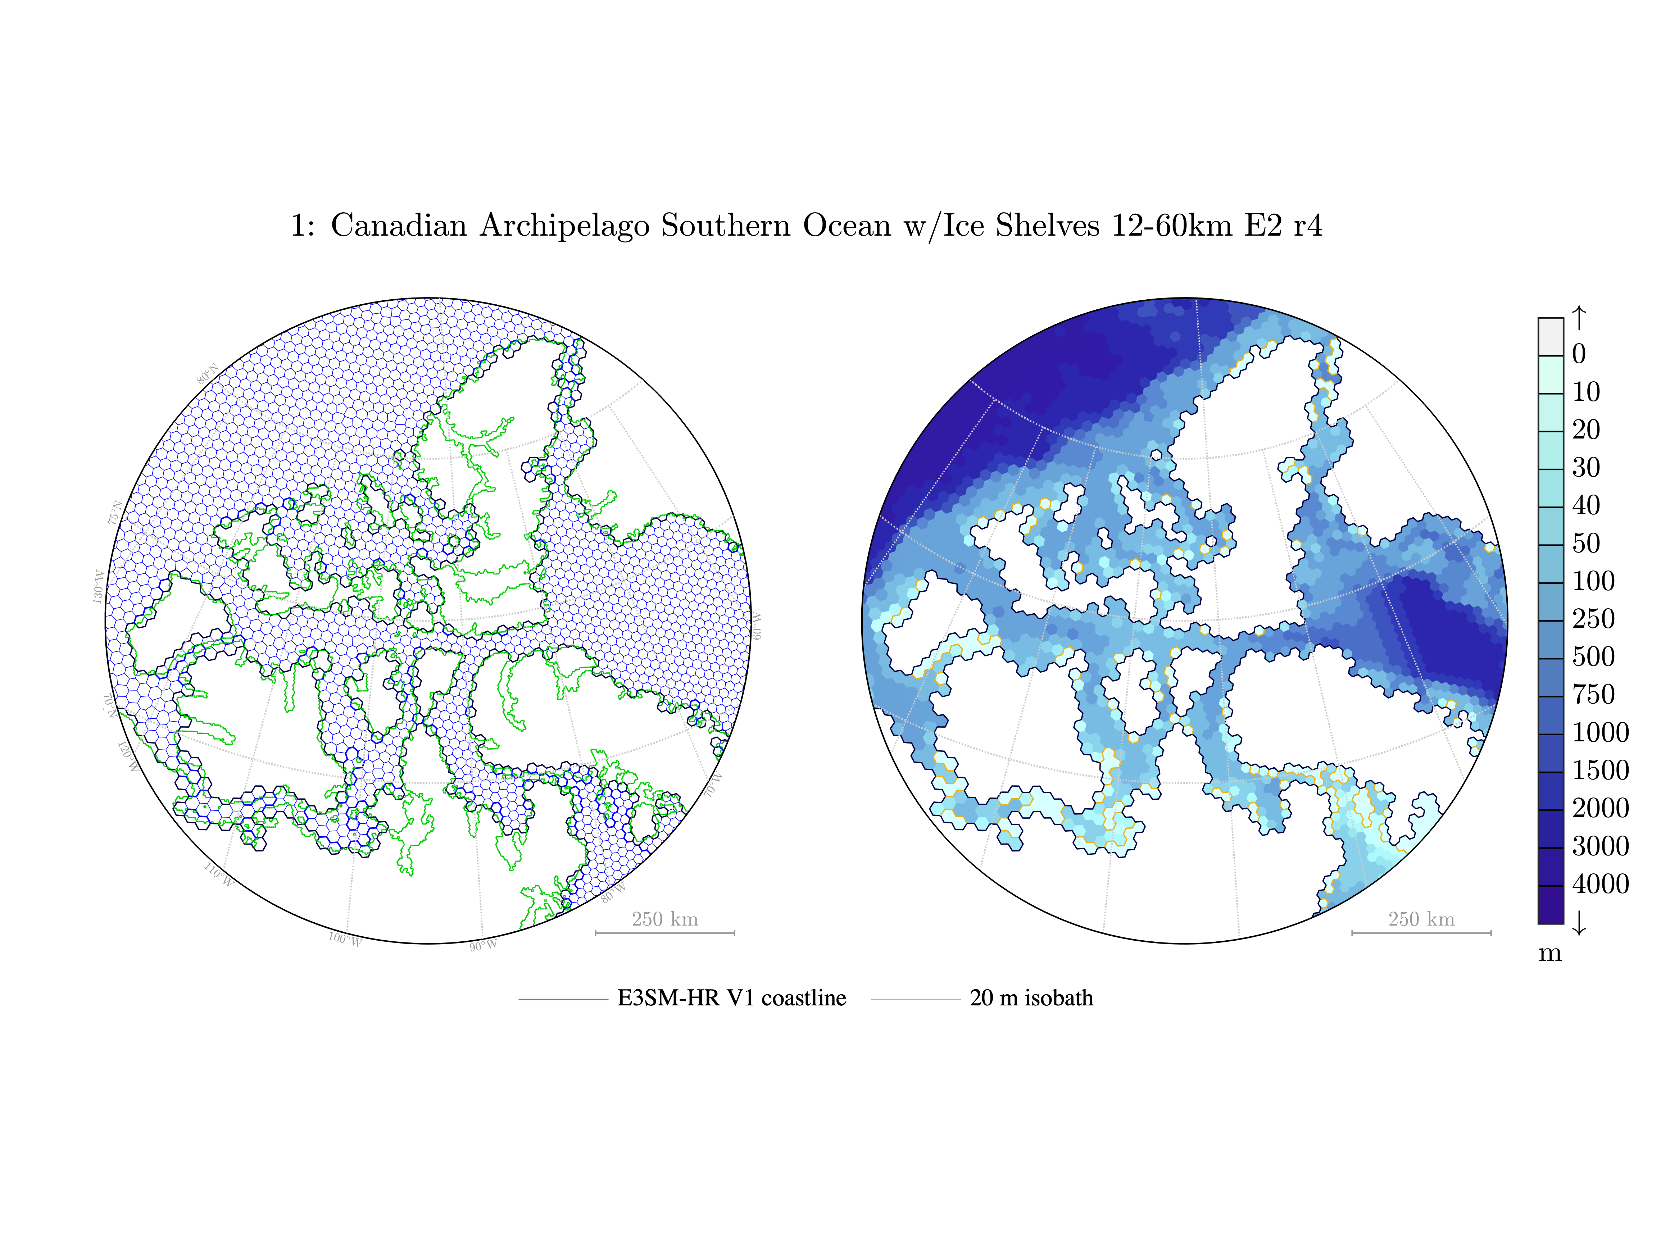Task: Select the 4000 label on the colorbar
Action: [1600, 883]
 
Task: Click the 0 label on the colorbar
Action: [1579, 354]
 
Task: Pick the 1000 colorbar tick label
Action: [1600, 732]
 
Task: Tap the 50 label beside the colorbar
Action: [1585, 544]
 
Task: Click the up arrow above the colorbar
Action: [1579, 317]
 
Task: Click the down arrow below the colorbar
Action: [1579, 923]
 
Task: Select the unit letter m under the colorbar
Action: [1550, 953]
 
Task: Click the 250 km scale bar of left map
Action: [665, 932]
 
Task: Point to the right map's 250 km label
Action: [1421, 919]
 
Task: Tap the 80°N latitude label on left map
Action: [208, 373]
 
